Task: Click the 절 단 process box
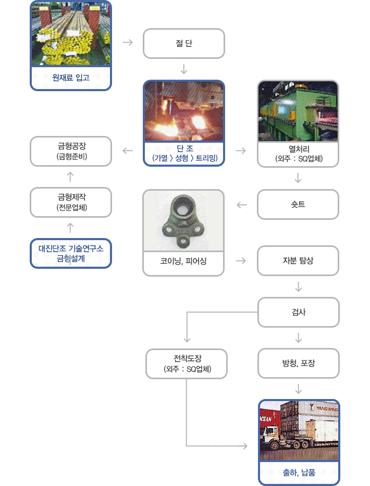pyautogui.click(x=183, y=43)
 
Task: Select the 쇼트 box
pyautogui.click(x=298, y=205)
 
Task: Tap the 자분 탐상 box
pyautogui.click(x=298, y=260)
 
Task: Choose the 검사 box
pyautogui.click(x=299, y=312)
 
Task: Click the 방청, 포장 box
pyautogui.click(x=299, y=363)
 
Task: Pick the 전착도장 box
pyautogui.click(x=187, y=364)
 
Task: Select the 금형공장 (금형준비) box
pyautogui.click(x=71, y=151)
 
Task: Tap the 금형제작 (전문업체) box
pyautogui.click(x=71, y=203)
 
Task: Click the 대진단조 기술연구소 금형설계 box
pyautogui.click(x=71, y=253)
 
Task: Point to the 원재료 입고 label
pyautogui.click(x=71, y=78)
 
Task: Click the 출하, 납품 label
pyautogui.click(x=299, y=472)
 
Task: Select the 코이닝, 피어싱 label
pyautogui.click(x=183, y=261)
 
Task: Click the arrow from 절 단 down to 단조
pyautogui.click(x=184, y=69)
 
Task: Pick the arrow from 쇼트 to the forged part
pyautogui.click(x=242, y=205)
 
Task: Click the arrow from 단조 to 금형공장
pyautogui.click(x=128, y=151)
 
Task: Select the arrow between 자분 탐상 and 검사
pyautogui.click(x=299, y=286)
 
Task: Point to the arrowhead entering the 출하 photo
pyautogui.click(x=245, y=446)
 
